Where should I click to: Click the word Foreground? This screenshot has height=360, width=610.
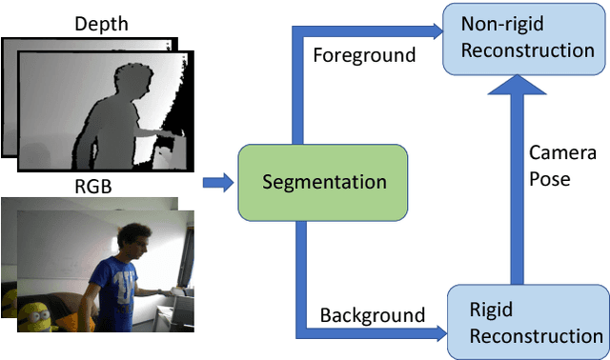[364, 55]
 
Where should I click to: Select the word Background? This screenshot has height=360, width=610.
[372, 313]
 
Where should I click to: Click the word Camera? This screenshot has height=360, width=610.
[563, 153]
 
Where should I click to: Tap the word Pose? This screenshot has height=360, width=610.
[552, 178]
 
